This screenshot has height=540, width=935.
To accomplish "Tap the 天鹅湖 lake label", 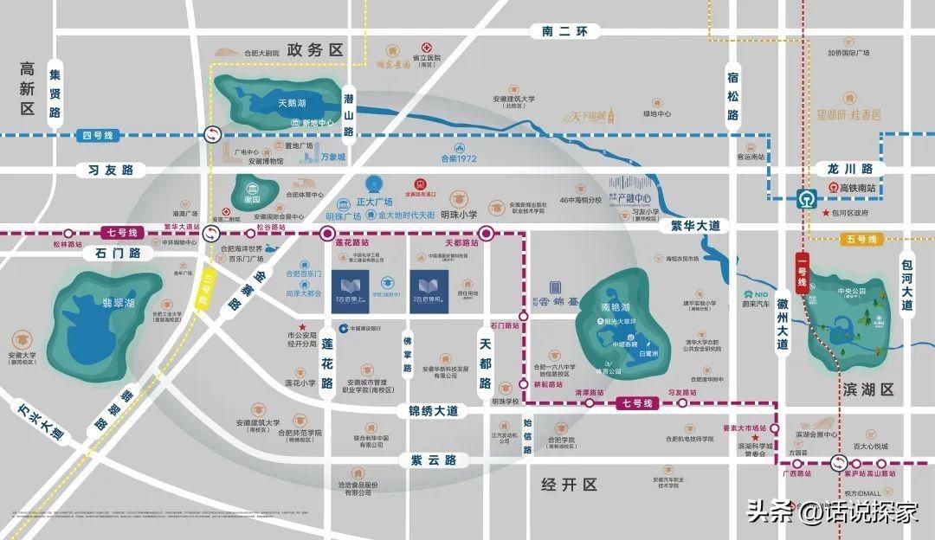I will point(268,103).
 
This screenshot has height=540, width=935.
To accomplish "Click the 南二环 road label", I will point(564,32).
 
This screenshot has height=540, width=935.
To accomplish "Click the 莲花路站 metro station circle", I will point(327,234).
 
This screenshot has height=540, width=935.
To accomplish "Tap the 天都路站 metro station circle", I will point(487,233).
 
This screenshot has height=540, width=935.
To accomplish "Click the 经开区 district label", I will point(569,484).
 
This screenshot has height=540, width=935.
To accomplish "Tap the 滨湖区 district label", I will point(867,391).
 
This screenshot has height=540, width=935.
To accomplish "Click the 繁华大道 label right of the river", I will point(695,225).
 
